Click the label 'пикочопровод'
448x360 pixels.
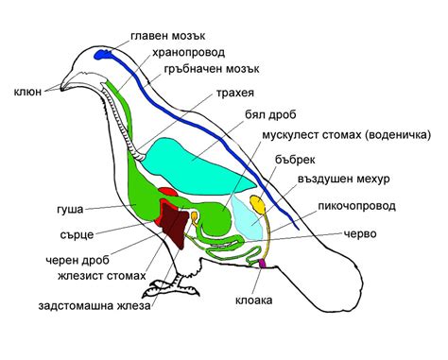tap(355, 205)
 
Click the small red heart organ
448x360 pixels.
tap(168, 193)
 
